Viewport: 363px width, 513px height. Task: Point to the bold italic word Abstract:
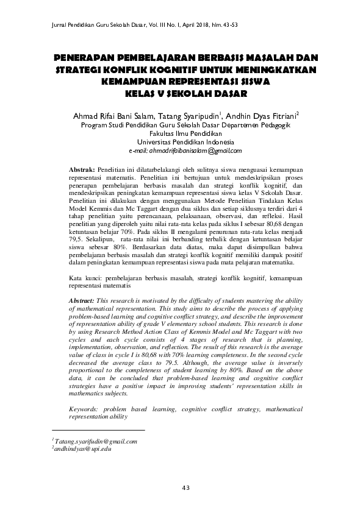82,301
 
